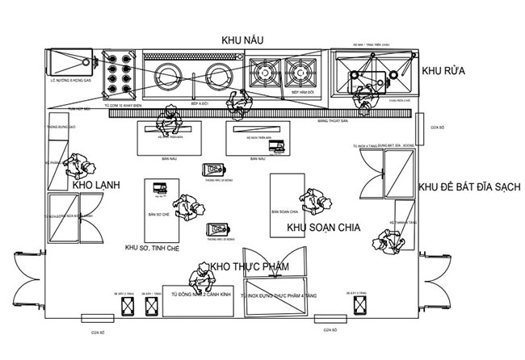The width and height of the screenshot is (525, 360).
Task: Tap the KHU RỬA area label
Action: [444, 70]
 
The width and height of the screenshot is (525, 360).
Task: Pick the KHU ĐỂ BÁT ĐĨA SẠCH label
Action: [469, 186]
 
